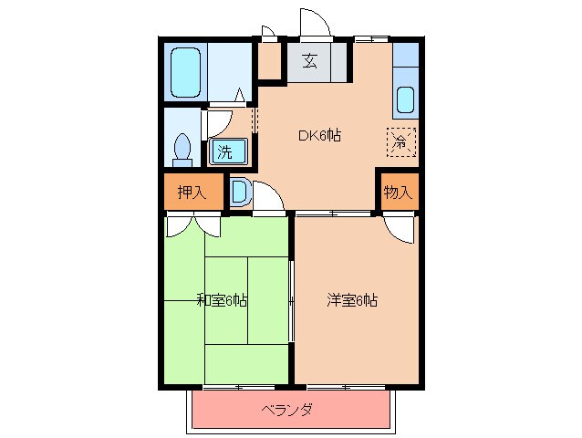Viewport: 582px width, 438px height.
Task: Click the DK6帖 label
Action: click(x=319, y=136)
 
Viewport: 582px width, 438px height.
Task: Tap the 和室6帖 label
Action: click(x=222, y=299)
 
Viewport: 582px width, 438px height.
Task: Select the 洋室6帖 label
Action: click(x=352, y=299)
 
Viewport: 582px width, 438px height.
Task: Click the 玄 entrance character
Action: click(x=310, y=62)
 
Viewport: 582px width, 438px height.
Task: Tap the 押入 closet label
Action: click(x=192, y=192)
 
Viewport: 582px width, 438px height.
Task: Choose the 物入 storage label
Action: click(x=399, y=192)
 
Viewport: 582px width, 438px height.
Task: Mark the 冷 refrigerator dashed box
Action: click(x=400, y=141)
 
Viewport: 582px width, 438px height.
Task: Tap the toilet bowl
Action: click(x=182, y=149)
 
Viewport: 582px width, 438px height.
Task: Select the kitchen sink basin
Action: click(x=405, y=99)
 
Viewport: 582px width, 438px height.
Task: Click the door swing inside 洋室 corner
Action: click(x=400, y=228)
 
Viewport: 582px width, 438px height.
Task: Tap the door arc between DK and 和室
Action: click(x=265, y=197)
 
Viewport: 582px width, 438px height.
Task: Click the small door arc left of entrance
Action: click(x=267, y=34)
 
